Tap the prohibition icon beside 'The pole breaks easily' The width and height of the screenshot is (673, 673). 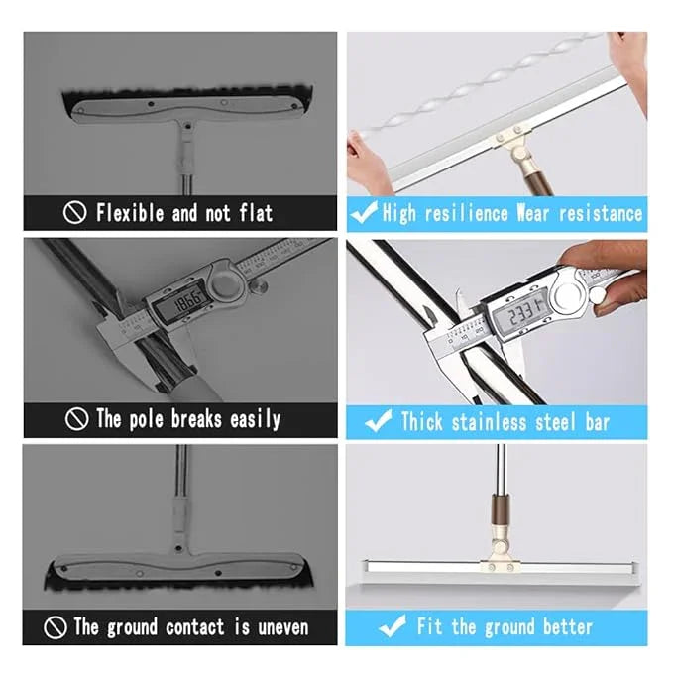[x=76, y=419]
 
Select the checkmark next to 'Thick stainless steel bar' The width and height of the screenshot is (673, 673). [x=378, y=421]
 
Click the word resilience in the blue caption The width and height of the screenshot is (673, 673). [x=468, y=213]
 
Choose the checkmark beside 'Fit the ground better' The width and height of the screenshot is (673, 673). [x=393, y=626]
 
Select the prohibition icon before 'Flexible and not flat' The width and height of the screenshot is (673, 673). [x=76, y=212]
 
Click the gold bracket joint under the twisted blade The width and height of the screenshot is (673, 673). [x=514, y=140]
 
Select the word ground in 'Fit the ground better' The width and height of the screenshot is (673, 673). [x=506, y=626]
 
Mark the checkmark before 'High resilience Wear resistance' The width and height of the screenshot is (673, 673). [x=364, y=212]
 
